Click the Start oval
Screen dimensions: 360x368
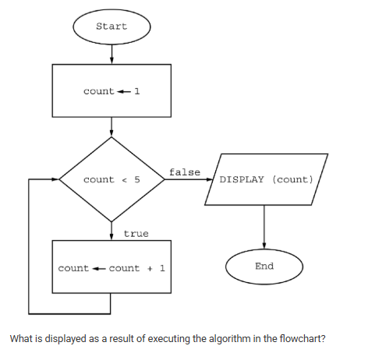111,26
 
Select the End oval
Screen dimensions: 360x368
264,266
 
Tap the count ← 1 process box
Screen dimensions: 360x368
111,91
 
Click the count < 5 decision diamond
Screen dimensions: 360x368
111,179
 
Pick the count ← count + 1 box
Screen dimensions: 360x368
111,268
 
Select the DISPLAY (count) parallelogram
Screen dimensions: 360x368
266,179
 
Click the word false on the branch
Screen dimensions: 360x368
185,171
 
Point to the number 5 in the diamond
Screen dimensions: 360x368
136,180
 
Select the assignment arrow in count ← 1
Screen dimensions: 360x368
124,92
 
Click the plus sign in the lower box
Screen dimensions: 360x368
148,269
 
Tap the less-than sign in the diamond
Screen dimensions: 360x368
124,180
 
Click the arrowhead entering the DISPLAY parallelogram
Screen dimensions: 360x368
209,179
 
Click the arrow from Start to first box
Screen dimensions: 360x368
111,54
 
